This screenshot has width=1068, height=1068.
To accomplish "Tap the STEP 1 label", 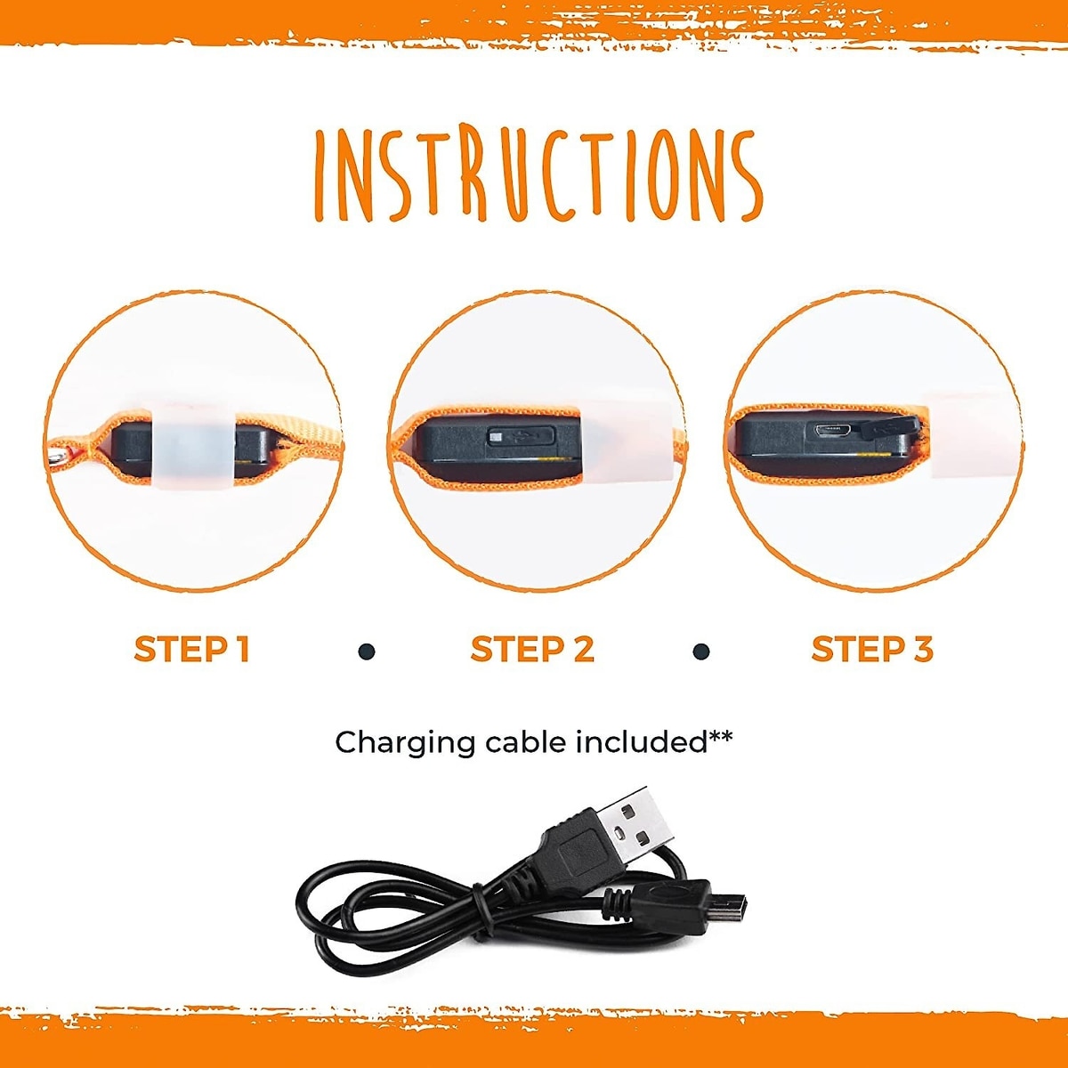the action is click(x=192, y=649).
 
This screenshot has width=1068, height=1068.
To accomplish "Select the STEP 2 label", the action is click(x=532, y=649).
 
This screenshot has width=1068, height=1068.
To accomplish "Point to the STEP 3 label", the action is click(x=872, y=649).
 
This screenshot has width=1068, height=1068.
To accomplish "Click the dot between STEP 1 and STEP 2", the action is click(x=367, y=651).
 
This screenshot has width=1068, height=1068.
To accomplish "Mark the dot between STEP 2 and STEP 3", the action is click(x=701, y=651).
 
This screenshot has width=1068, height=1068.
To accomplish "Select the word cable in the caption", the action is click(x=526, y=742).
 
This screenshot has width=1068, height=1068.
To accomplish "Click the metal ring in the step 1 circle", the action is click(x=58, y=456).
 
